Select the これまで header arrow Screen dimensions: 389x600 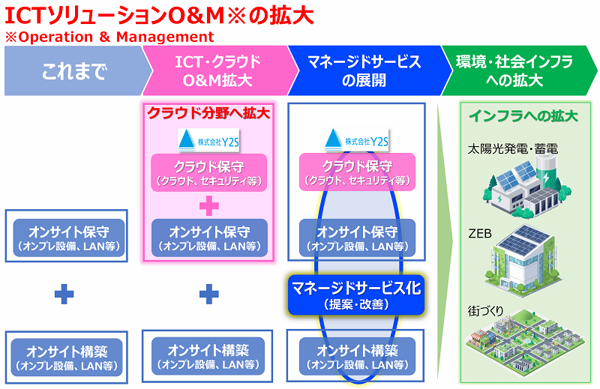[71, 72]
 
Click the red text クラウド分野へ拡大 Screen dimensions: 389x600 [208, 115]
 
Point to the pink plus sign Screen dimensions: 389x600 [208, 204]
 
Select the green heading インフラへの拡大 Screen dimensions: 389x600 [523, 116]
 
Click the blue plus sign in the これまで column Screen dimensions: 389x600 [65, 295]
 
